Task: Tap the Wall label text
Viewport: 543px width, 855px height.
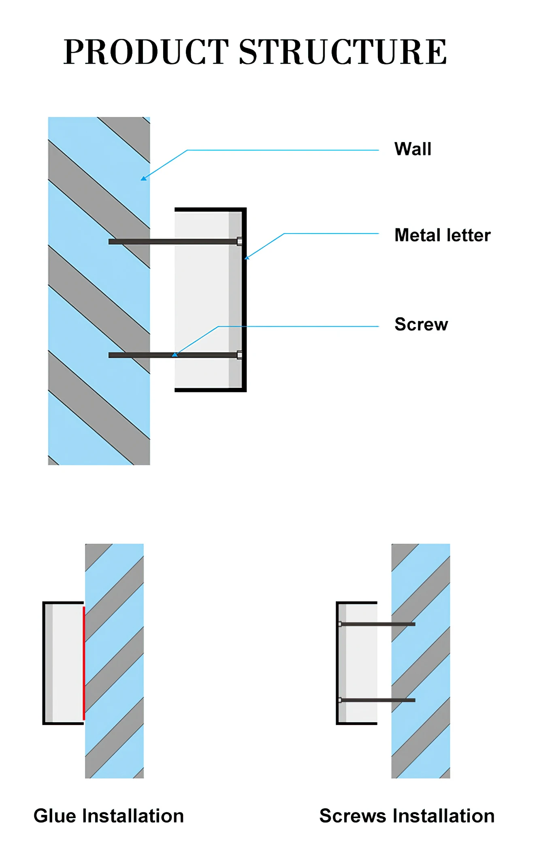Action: point(413,149)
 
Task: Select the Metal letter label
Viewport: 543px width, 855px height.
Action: point(443,235)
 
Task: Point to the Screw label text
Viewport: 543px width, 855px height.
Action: point(421,324)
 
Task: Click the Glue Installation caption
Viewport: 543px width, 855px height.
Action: point(109,816)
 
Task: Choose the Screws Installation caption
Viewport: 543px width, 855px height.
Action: point(407,816)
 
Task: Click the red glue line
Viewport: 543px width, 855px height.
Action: point(84,663)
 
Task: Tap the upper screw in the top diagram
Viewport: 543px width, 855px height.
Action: point(175,242)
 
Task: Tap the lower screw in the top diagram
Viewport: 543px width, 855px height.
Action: point(175,355)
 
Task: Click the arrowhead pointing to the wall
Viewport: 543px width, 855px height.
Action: point(143,178)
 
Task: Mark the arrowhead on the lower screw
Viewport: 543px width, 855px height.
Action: point(175,355)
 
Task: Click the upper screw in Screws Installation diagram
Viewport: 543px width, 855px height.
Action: point(377,624)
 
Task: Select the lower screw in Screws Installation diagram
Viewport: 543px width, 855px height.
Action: point(377,700)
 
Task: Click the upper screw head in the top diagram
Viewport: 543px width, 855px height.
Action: point(240,242)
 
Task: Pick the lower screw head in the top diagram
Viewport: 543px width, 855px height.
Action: point(240,355)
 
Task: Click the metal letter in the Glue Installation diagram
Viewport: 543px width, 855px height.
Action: point(63,663)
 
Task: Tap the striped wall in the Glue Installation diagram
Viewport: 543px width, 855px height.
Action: point(114,661)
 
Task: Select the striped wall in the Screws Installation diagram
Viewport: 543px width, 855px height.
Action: point(421,661)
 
